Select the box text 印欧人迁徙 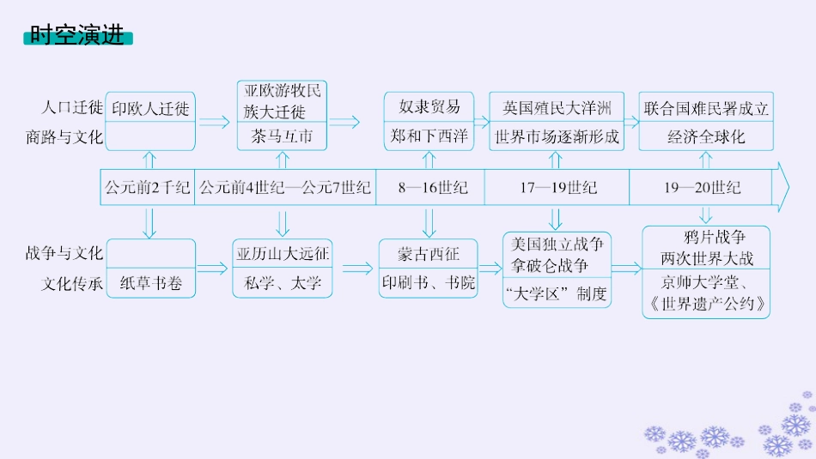150,109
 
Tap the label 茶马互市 282,136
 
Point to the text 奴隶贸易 429,107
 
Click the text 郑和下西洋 429,136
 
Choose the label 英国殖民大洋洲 557,108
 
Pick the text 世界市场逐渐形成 557,136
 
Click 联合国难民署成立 707,108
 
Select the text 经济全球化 707,136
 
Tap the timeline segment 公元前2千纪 147,186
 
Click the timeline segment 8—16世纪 432,186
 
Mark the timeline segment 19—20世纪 702,186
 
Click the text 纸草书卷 151,283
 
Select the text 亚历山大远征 283,254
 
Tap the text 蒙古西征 429,255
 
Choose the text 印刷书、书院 429,283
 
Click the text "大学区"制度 557,294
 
